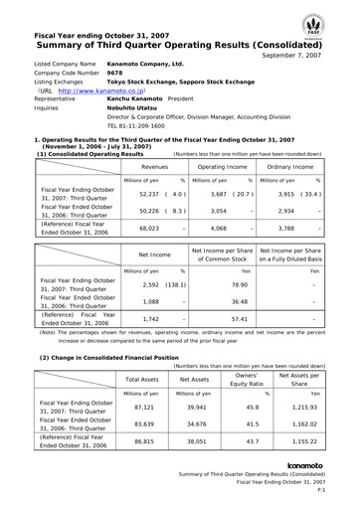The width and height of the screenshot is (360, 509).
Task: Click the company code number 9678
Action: [x=114, y=73]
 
